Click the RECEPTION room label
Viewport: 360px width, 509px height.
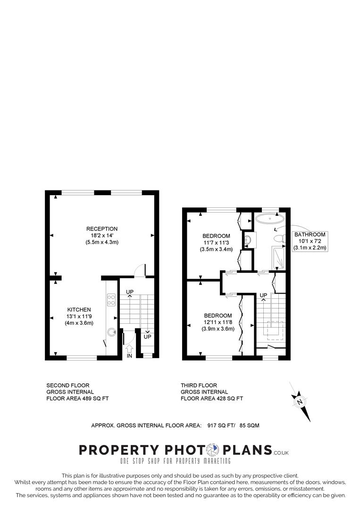[x=101, y=229]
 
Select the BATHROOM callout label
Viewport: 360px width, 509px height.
[x=310, y=234]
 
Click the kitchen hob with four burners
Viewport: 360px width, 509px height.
[x=112, y=300]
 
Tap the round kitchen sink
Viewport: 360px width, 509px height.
[x=111, y=331]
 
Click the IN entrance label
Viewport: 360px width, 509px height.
[x=129, y=356]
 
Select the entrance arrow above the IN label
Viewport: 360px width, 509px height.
[x=130, y=348]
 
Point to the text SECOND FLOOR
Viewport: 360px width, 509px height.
[x=67, y=385]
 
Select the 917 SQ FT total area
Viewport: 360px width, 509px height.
[x=223, y=425]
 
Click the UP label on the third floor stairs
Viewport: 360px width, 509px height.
[x=263, y=296]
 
